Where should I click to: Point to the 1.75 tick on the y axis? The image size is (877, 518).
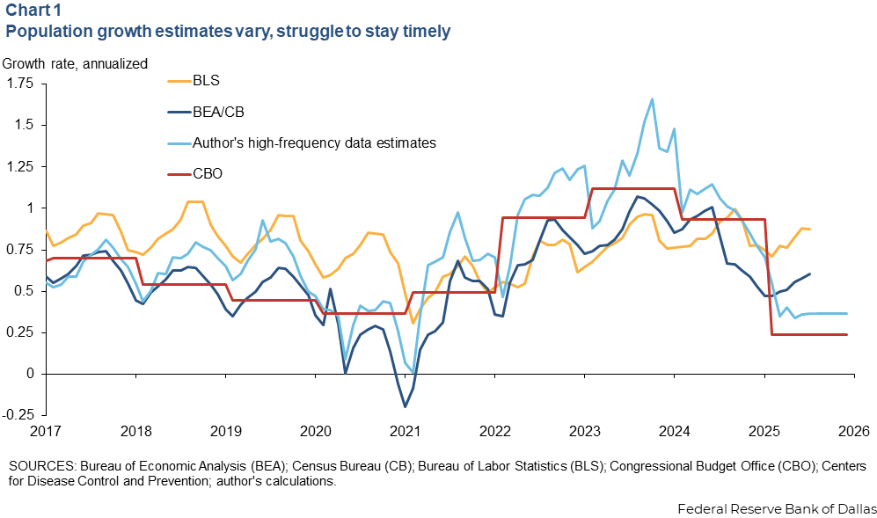[19, 84]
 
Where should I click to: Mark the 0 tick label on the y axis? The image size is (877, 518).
[29, 374]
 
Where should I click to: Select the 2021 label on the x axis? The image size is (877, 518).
[405, 431]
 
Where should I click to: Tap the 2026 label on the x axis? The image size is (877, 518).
[853, 431]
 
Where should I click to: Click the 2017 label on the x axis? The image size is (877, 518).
[44, 431]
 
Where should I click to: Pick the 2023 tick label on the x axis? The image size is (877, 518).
[584, 431]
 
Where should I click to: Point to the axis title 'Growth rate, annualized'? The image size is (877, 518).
[75, 62]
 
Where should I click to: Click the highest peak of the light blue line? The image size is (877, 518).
[652, 99]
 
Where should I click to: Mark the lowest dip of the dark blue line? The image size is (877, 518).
[405, 406]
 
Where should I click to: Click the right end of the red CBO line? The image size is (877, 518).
[847, 334]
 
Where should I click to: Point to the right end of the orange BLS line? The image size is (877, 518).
[810, 230]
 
